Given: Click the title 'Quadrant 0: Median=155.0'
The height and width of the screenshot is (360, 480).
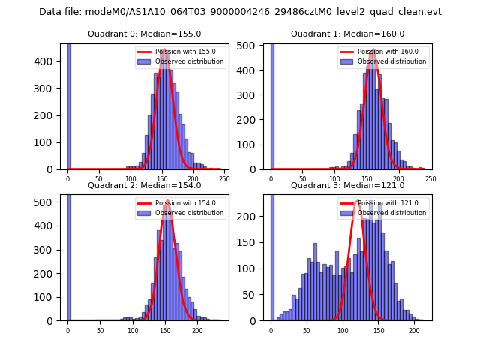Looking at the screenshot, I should [144, 34].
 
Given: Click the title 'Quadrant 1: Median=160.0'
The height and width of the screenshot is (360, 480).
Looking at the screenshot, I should [347, 34].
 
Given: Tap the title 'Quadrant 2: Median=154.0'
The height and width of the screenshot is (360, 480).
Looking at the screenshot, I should [144, 185].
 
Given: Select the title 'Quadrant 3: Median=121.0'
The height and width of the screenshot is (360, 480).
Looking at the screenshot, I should [347, 185].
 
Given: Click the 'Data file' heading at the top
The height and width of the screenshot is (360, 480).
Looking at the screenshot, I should [240, 12].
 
